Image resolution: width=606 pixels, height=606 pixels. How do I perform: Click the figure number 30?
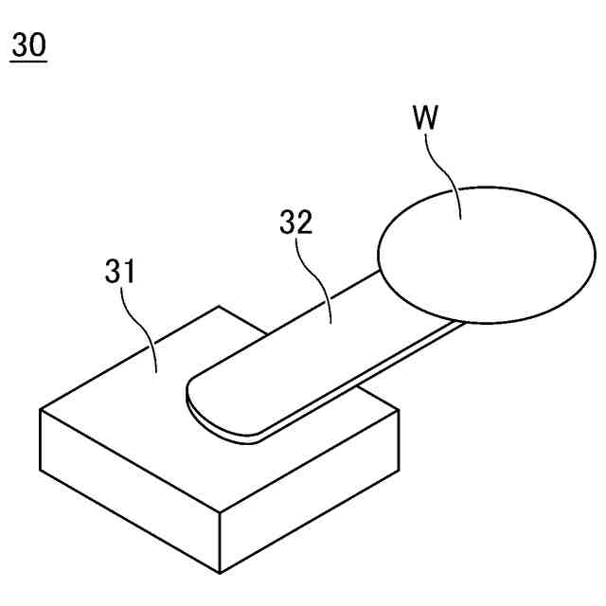pos(28,45)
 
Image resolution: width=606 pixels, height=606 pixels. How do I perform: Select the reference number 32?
pos(295,223)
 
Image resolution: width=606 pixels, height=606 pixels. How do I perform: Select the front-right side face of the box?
pos(308,492)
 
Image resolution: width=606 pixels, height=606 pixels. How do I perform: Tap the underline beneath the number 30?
pos(28,62)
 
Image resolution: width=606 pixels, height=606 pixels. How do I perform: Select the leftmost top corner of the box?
pos(40,409)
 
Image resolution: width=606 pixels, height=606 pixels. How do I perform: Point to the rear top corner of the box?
pos(219,306)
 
